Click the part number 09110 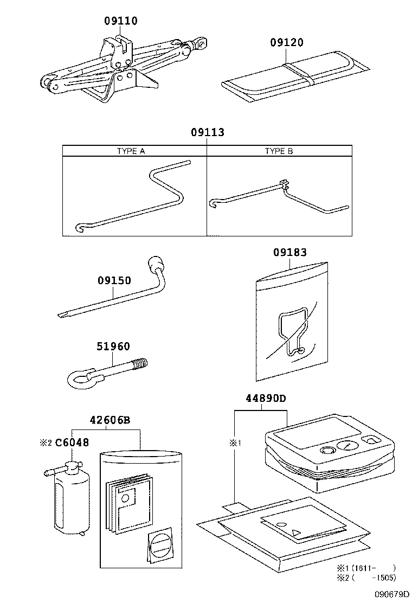tap(121, 21)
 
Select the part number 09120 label tap(287, 42)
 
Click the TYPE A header tap(131, 151)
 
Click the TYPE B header tap(279, 151)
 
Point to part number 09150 tap(114, 280)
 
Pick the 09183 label tap(290, 252)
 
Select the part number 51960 tap(114, 347)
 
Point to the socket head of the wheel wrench tap(155, 265)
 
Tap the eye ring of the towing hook tap(79, 376)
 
